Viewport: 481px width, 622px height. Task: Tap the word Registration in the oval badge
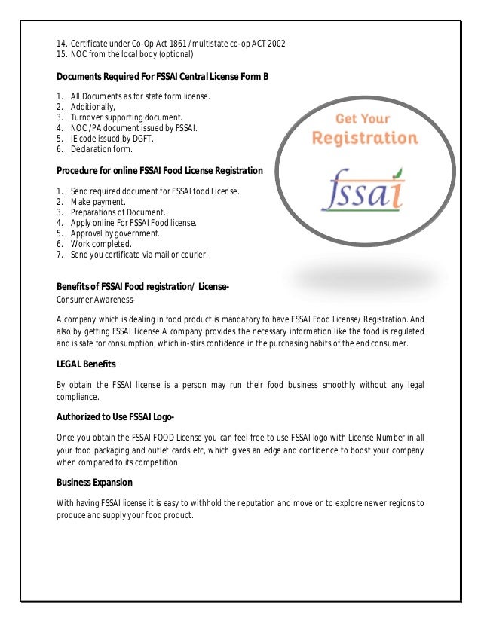pos(365,138)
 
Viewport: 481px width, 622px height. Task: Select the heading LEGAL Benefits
pos(86,364)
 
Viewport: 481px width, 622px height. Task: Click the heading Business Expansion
pos(94,482)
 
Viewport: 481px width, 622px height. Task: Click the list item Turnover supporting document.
pos(126,117)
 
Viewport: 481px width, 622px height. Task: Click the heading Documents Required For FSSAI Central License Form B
pos(162,77)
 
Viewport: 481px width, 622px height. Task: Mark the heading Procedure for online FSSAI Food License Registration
pos(160,171)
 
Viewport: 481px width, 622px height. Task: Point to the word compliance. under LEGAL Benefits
pos(78,397)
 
